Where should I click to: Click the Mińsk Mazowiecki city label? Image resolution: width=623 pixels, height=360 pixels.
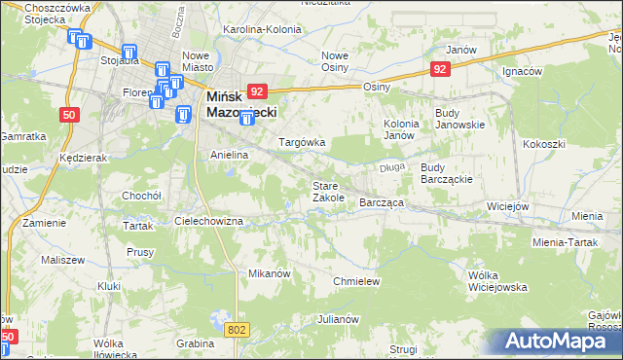pos(240,105)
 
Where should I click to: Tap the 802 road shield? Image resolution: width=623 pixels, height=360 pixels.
pos(236,331)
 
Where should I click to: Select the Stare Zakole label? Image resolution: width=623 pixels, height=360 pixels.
pos(328,192)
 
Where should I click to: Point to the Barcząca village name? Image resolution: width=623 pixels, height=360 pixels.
pos(382,202)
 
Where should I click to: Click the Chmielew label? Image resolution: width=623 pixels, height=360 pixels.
pos(355,280)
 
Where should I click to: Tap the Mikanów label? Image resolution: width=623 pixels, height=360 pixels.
pos(270,273)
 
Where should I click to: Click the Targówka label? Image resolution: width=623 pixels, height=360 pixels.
pos(302,142)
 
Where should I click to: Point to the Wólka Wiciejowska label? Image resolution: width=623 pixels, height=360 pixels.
pos(496,281)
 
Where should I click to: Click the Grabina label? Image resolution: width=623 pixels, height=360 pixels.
pos(195,343)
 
